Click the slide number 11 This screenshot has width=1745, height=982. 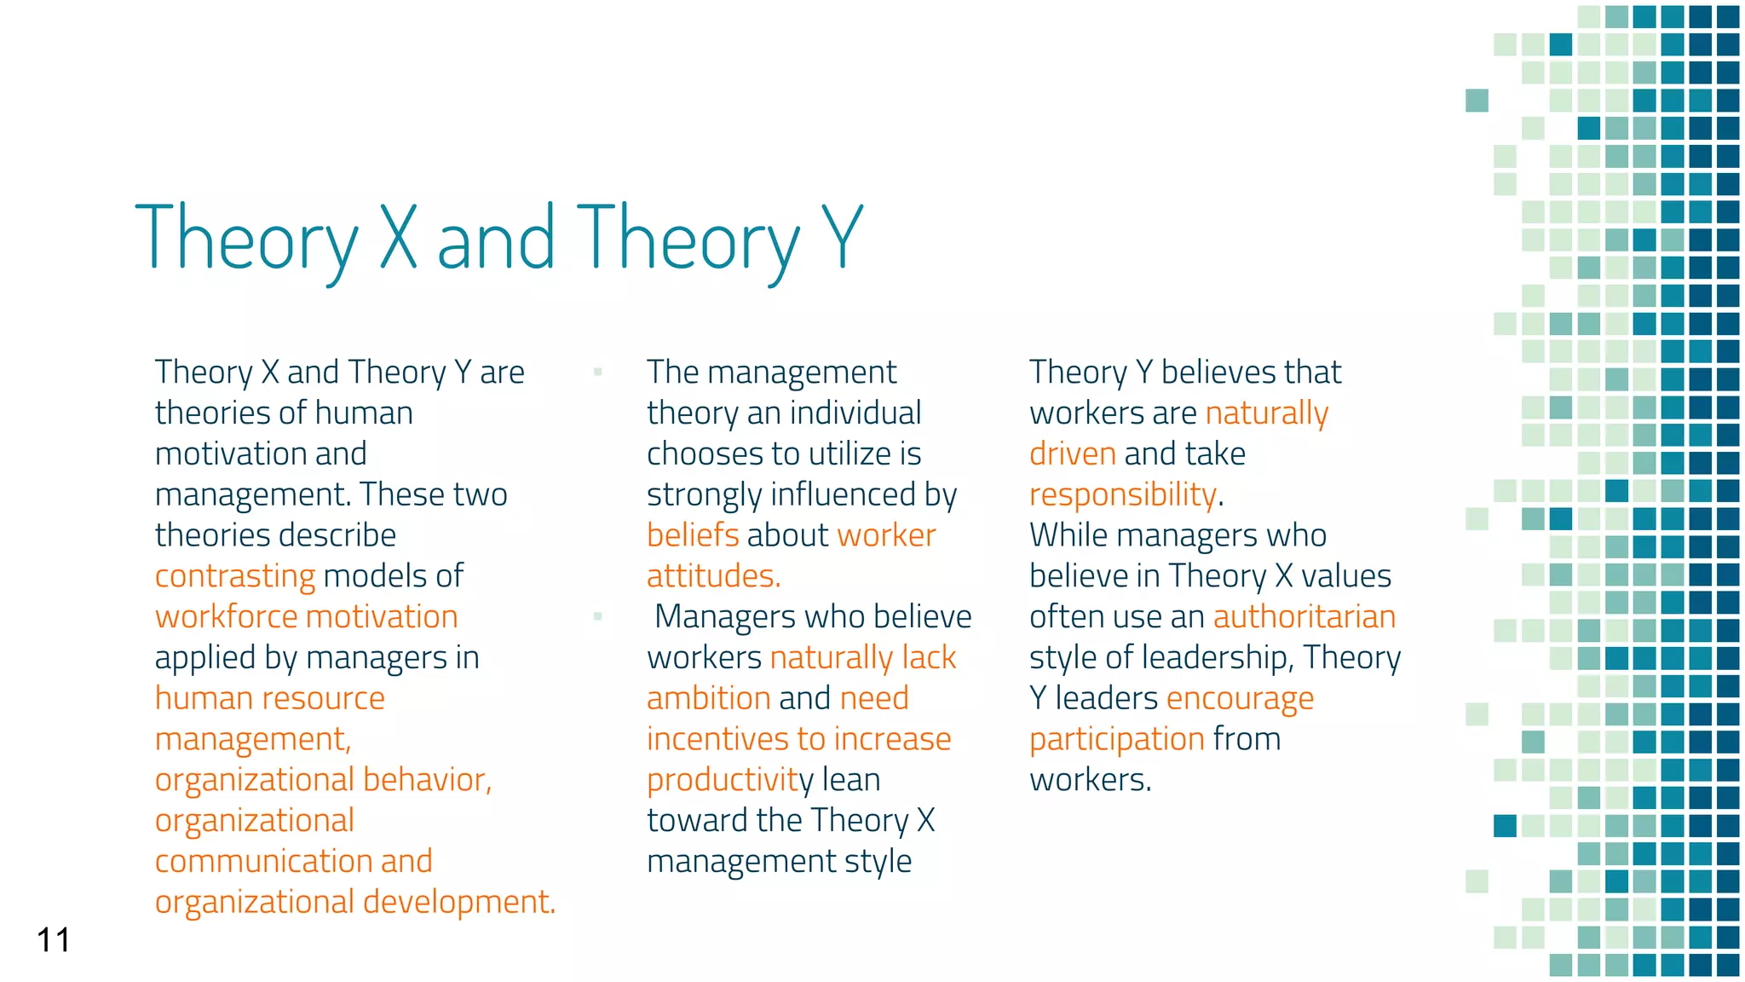pos(53,940)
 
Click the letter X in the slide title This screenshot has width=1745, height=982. pos(398,238)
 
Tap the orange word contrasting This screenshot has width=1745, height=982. pos(235,576)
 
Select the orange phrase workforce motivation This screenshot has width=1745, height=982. pos(306,617)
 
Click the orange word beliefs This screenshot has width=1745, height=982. pos(693,535)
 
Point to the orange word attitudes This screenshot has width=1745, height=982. pos(713,576)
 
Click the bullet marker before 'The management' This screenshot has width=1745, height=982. pos(598,372)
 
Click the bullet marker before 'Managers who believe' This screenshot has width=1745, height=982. pos(598,616)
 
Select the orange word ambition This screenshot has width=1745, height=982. pos(708,698)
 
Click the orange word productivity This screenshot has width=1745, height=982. pos(729,780)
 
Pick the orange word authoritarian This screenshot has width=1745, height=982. pos(1304,617)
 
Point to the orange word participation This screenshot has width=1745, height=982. pos(1116,739)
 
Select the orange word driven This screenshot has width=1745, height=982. pos(1072,454)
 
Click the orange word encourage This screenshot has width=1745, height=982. pos(1240,699)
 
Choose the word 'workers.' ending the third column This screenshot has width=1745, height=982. pos(1090,780)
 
